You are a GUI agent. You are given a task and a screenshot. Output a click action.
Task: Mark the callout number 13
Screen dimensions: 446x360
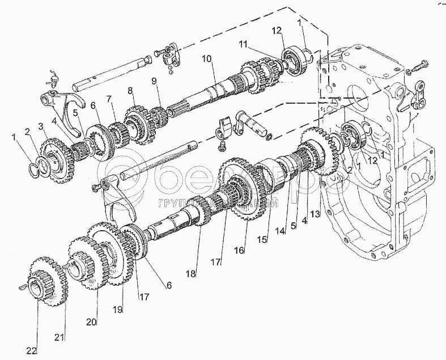pyautogui.click(x=315, y=214)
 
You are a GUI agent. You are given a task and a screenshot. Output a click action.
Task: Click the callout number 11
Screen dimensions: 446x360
pyautogui.click(x=242, y=44)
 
